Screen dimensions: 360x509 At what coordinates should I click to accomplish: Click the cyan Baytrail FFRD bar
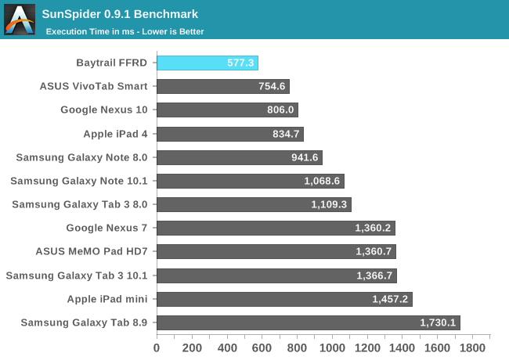point(208,63)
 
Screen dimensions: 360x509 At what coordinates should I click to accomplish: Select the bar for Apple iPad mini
point(284,299)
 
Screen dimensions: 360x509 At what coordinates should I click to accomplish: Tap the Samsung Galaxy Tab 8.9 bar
point(309,322)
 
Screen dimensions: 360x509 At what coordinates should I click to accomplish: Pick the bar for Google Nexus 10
point(227,110)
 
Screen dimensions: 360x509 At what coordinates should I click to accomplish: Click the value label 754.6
point(273,87)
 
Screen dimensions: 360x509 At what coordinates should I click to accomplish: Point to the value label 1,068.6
point(322,182)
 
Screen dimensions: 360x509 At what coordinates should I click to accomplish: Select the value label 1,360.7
point(374,252)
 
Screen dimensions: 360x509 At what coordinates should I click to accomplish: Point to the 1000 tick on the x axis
point(332,347)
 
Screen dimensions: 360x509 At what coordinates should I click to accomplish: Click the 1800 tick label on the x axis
point(472,347)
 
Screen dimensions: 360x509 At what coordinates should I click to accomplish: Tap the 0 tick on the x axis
point(157,347)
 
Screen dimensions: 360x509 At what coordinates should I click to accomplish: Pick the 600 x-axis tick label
point(262,347)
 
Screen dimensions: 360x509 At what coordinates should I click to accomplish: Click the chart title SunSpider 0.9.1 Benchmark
point(119,14)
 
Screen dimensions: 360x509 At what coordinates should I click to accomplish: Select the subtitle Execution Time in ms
point(125,32)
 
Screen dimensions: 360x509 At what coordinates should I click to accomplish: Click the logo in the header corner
point(20,20)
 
